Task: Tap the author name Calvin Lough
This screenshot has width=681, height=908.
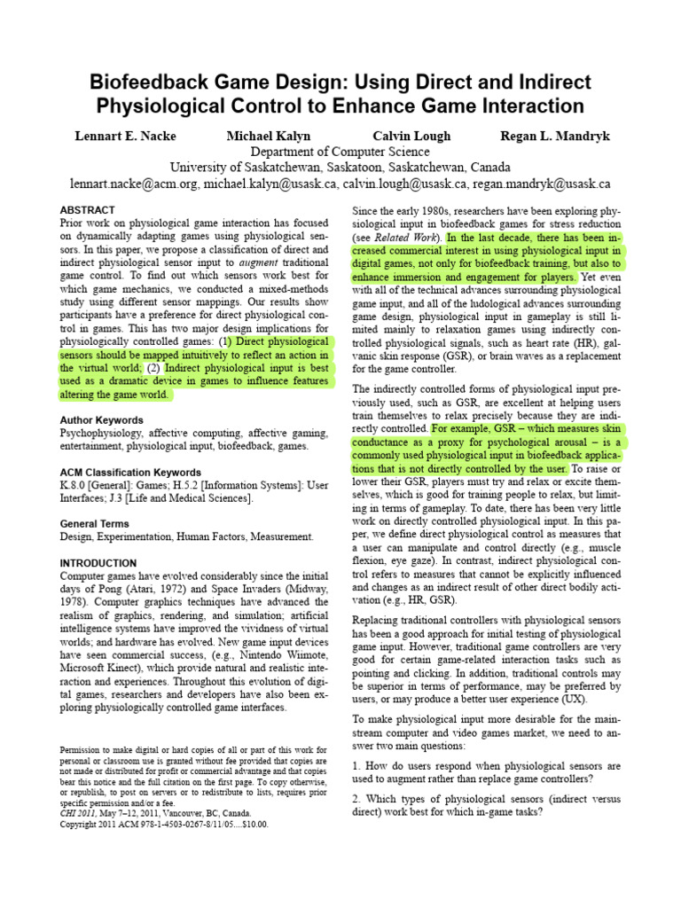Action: click(411, 136)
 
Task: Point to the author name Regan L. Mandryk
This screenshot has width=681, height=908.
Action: click(556, 136)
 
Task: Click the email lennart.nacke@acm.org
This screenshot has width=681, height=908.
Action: click(134, 184)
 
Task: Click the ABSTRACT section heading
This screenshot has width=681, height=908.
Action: click(87, 209)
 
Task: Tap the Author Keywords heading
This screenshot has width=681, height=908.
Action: click(101, 419)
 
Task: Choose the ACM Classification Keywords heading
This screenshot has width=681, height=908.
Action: click(130, 473)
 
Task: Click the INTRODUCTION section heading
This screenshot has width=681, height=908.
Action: click(98, 563)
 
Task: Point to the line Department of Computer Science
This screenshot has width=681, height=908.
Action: click(340, 152)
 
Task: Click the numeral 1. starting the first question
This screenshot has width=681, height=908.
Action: click(356, 764)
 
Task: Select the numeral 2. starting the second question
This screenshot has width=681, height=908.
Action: click(356, 796)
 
